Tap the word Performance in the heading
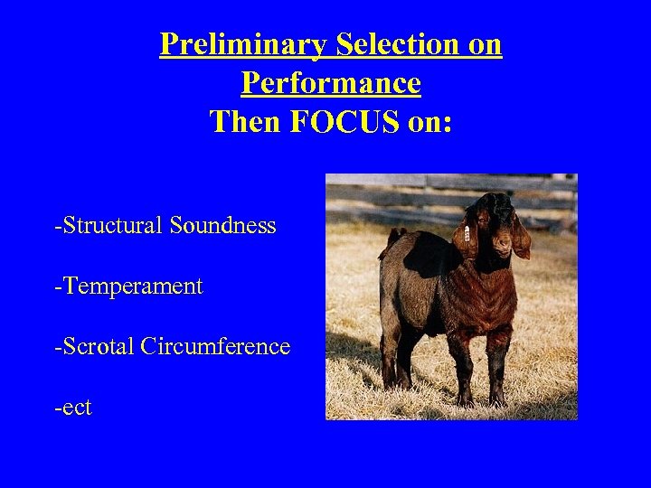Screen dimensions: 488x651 pos(330,83)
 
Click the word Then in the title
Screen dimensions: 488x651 pos(246,121)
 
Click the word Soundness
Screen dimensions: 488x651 pos(222,225)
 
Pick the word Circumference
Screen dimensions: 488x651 pos(216,346)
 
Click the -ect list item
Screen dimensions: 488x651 pos(73,408)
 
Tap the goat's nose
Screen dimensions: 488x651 pos(502,242)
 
